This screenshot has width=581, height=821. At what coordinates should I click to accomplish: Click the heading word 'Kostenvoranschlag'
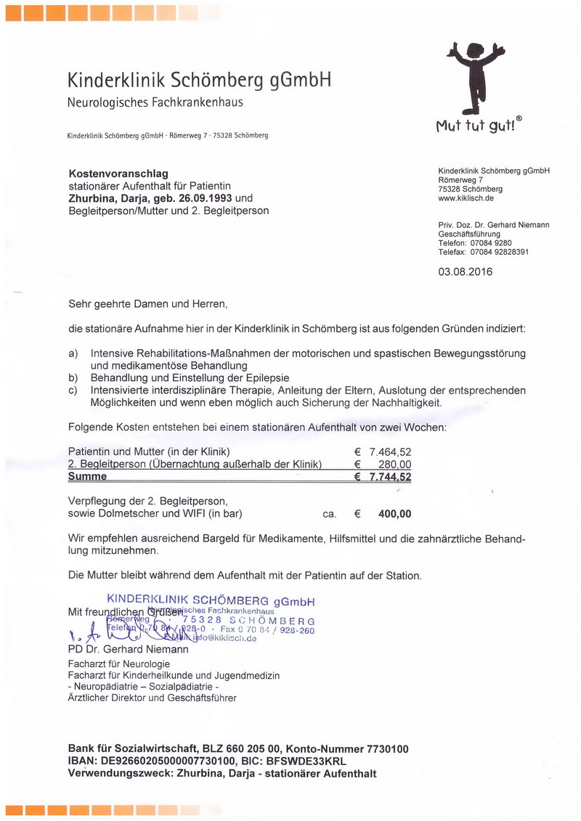click(118, 173)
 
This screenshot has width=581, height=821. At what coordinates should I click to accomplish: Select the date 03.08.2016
click(465, 272)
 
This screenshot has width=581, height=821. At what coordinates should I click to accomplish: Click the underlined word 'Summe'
click(87, 477)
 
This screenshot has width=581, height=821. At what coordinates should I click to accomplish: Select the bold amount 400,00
click(394, 514)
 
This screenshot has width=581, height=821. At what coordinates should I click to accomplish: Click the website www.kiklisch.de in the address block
click(466, 197)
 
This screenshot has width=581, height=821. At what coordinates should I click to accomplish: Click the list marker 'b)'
click(73, 378)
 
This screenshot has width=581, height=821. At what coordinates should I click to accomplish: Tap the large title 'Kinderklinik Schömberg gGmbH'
click(199, 80)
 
